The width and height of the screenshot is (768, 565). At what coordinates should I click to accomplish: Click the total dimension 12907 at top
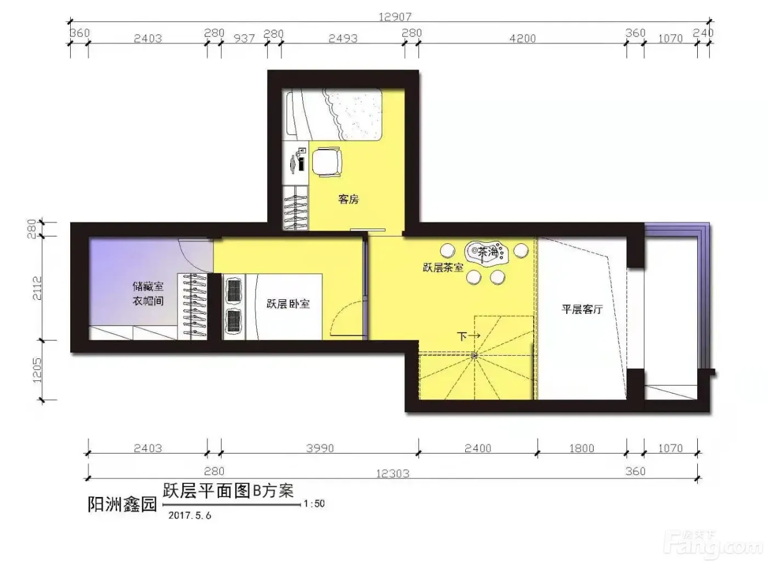tap(395, 16)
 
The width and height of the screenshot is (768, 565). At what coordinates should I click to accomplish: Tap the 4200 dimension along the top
tap(522, 39)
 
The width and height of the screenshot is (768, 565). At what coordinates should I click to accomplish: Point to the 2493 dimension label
tap(343, 39)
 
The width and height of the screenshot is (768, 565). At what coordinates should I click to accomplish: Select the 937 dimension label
tap(244, 39)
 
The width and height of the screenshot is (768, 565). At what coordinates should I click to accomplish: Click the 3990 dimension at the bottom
tap(320, 448)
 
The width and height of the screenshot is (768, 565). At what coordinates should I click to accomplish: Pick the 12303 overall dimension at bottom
tap(393, 473)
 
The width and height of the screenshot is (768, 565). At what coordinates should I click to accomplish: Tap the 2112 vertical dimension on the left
tap(37, 288)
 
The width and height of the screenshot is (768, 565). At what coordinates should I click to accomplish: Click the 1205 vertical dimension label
tap(37, 370)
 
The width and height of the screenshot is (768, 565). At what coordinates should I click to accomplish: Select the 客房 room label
tap(348, 199)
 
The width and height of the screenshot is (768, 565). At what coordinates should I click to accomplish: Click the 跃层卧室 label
tap(288, 304)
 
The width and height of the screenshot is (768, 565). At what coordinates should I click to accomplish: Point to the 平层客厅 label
tap(582, 310)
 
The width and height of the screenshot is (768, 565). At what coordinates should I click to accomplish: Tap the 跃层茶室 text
tap(443, 267)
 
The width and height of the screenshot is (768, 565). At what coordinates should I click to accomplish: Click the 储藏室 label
tap(148, 286)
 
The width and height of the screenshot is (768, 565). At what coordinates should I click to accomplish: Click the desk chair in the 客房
tap(327, 162)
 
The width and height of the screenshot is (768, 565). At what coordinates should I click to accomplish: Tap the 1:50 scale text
tap(314, 504)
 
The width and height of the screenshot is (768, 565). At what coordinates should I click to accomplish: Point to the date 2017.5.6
tap(190, 515)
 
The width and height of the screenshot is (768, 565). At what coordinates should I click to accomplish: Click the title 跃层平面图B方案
tap(228, 491)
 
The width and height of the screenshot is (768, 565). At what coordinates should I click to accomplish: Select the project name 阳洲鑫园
tap(122, 504)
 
